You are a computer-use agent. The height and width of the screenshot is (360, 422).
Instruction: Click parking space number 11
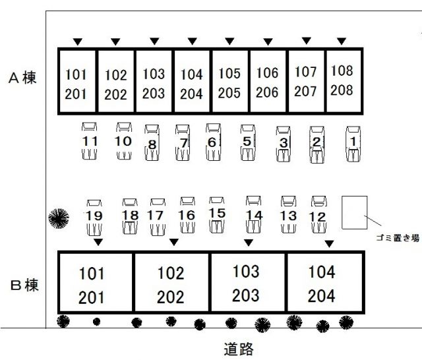[90, 141]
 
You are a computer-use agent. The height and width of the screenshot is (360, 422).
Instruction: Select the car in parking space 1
[353, 144]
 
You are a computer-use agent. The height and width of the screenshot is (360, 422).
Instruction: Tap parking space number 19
[94, 216]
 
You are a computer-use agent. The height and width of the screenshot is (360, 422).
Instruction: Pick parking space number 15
[217, 214]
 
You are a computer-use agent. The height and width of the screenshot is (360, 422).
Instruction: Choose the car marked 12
[319, 214]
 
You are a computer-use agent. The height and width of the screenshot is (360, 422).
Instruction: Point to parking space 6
[212, 142]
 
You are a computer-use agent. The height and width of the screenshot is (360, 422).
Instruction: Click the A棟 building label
[22, 78]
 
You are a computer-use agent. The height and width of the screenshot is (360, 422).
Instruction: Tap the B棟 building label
[24, 285]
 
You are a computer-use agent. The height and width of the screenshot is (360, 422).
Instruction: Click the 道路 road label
[239, 349]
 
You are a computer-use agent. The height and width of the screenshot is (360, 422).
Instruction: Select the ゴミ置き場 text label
[398, 238]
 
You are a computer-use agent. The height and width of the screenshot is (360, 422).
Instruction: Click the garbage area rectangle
[355, 212]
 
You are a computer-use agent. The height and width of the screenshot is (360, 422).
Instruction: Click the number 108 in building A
[342, 71]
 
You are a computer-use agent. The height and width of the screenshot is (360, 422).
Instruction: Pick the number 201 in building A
[76, 94]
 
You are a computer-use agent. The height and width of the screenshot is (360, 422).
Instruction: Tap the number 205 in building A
[229, 93]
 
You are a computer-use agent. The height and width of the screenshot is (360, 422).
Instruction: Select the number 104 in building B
[322, 272]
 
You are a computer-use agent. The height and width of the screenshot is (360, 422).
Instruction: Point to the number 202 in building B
[170, 297]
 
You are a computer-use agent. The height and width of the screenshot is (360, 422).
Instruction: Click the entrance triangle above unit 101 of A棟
[78, 42]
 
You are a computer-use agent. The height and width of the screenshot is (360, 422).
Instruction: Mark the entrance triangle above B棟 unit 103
[249, 243]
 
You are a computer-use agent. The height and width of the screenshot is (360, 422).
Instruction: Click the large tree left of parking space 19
[59, 218]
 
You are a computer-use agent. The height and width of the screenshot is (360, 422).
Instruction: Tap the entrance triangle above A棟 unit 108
[342, 41]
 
